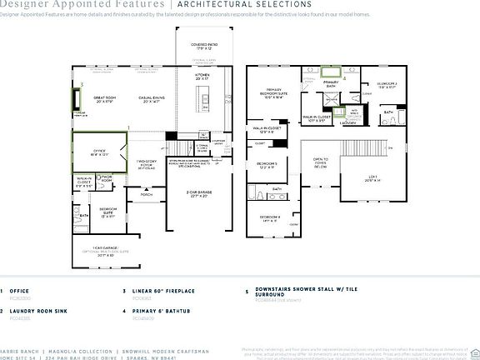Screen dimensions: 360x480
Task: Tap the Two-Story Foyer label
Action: point(147,162)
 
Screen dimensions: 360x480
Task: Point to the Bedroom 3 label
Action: point(267,165)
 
